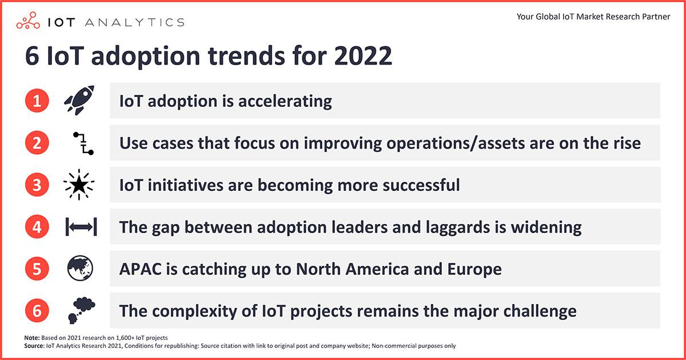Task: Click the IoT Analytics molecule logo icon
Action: [x=28, y=21]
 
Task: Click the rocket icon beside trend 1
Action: [x=79, y=100]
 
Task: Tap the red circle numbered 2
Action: [x=37, y=143]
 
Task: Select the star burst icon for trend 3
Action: [x=79, y=185]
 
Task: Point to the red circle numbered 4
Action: [x=37, y=227]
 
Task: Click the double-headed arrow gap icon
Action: [x=81, y=227]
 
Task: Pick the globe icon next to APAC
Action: [x=80, y=269]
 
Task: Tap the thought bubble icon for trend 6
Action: [x=81, y=310]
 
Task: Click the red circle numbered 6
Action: [x=37, y=311]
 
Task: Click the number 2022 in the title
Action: [x=363, y=56]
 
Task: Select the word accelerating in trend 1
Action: [x=285, y=101]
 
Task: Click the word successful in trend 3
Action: [x=421, y=185]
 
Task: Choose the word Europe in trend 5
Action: [x=474, y=269]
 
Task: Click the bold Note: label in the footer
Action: [x=32, y=338]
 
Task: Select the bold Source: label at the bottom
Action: [x=34, y=346]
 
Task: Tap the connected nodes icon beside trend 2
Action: [x=83, y=143]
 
